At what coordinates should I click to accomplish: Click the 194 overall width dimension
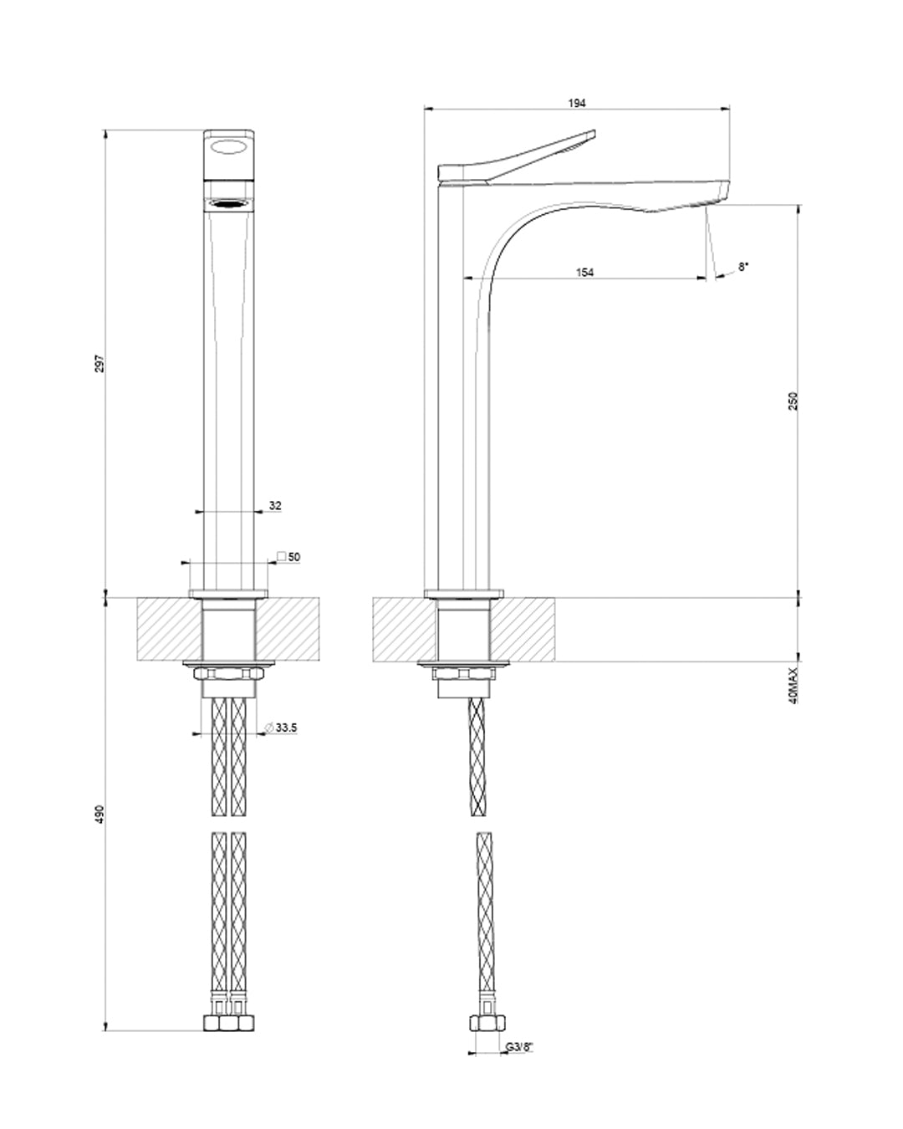[577, 103]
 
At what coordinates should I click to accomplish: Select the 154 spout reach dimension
[585, 272]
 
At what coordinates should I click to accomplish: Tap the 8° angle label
[743, 267]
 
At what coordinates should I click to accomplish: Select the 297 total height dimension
[99, 364]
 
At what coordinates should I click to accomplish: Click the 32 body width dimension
[274, 505]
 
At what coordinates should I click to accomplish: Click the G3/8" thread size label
[518, 1047]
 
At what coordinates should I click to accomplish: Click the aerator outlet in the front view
[229, 203]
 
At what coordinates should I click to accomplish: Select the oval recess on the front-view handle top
[229, 148]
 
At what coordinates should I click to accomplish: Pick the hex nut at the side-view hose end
[485, 1024]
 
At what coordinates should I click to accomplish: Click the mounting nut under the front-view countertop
[229, 675]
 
